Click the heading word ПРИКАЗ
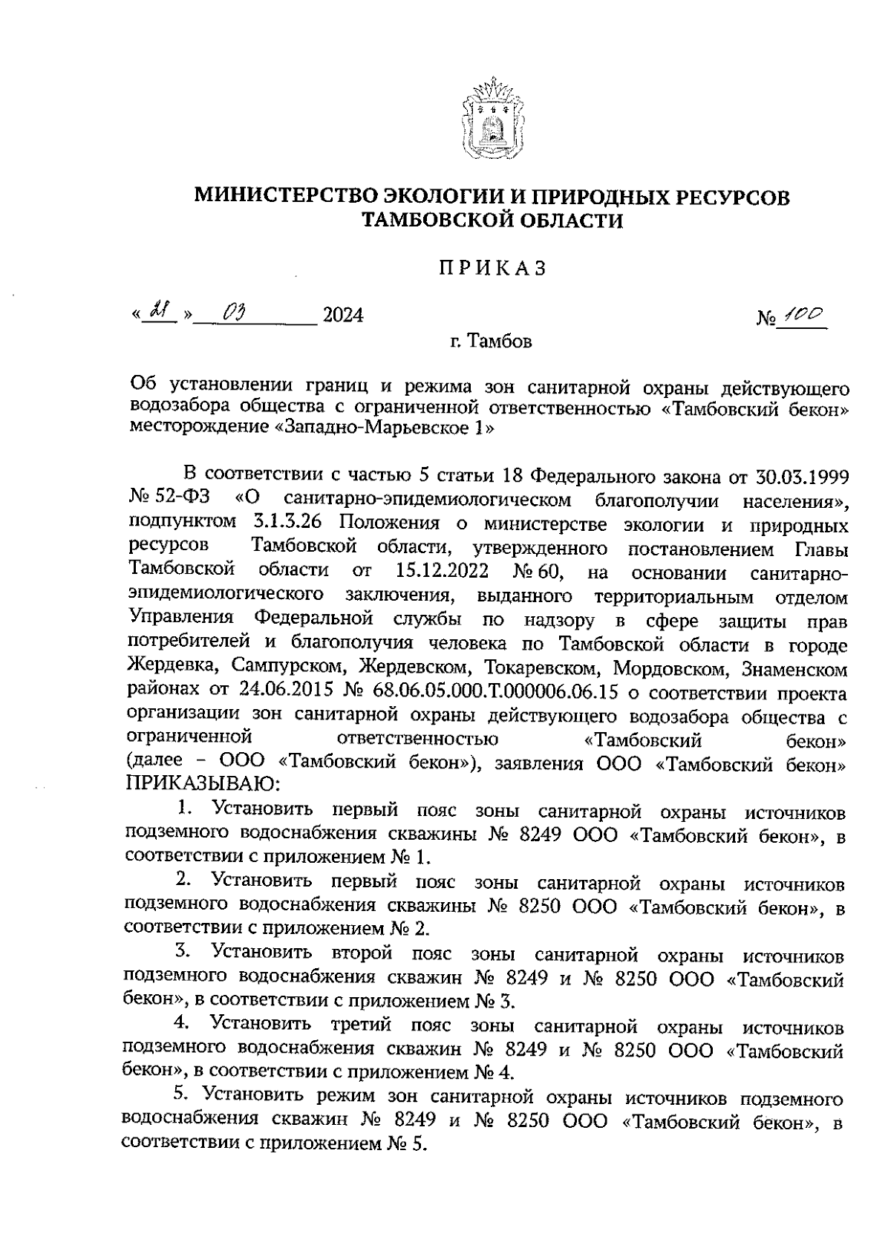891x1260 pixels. coord(492,269)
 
